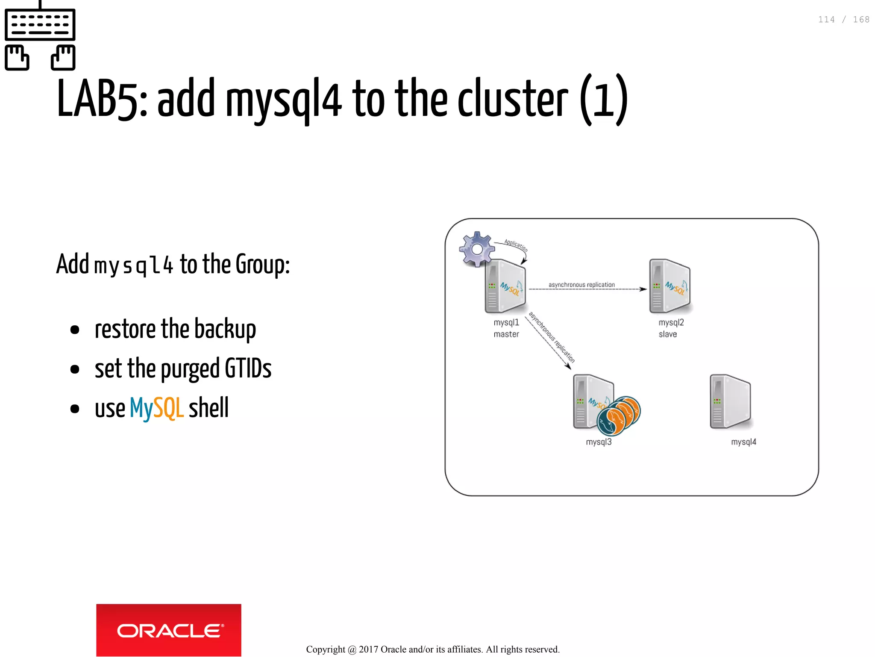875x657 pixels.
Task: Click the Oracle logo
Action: tap(168, 630)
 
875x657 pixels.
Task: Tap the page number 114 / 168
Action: tap(843, 20)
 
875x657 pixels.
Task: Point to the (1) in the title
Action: tap(604, 100)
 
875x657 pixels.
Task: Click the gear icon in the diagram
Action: tap(476, 249)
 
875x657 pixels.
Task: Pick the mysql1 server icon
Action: tap(505, 286)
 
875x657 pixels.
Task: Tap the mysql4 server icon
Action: tap(730, 401)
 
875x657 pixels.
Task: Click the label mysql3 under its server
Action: tap(599, 442)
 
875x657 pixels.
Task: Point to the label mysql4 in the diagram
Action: tap(743, 442)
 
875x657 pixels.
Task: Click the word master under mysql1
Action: tap(506, 334)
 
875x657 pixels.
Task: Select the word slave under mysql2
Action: tap(668, 334)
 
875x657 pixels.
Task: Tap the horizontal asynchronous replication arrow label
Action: tap(581, 285)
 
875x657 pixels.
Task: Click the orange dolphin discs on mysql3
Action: tap(619, 415)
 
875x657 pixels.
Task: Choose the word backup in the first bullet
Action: tap(225, 329)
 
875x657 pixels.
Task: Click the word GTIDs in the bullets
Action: tap(248, 368)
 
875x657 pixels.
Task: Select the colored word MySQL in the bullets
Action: tap(156, 408)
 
